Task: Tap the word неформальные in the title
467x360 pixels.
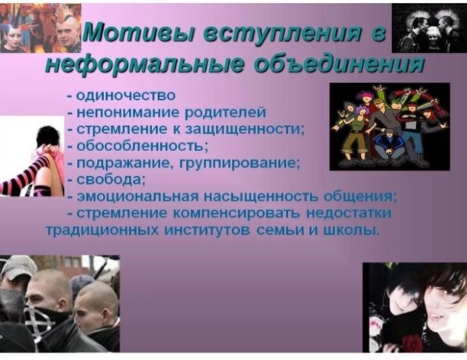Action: (144, 63)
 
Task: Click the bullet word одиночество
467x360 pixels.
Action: (126, 96)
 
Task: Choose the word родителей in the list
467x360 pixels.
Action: (225, 113)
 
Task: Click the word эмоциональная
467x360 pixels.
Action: (137, 198)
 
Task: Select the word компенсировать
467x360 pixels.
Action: (236, 214)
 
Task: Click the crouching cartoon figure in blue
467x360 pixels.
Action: (388, 146)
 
